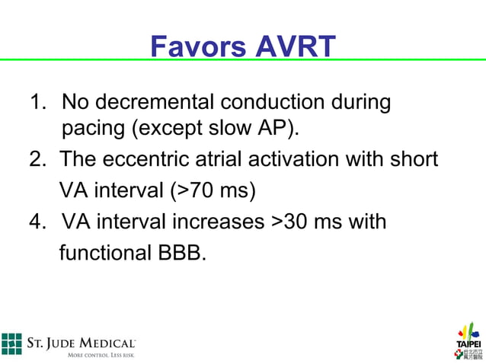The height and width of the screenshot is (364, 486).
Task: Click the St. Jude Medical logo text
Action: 82,345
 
